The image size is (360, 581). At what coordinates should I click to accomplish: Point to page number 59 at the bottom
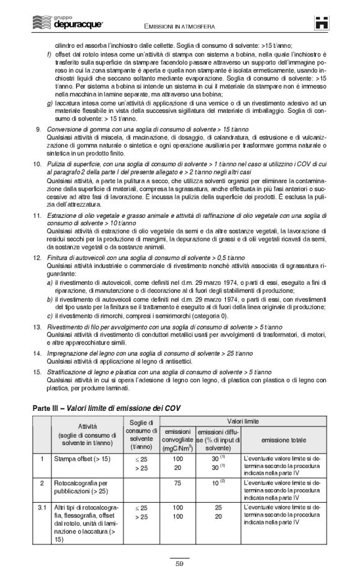coord(179,564)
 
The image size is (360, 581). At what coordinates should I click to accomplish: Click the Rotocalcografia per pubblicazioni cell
coord(83,486)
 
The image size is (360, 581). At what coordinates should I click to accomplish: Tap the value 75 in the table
coord(178,482)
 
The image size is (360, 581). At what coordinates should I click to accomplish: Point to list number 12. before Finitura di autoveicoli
coord(37,256)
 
